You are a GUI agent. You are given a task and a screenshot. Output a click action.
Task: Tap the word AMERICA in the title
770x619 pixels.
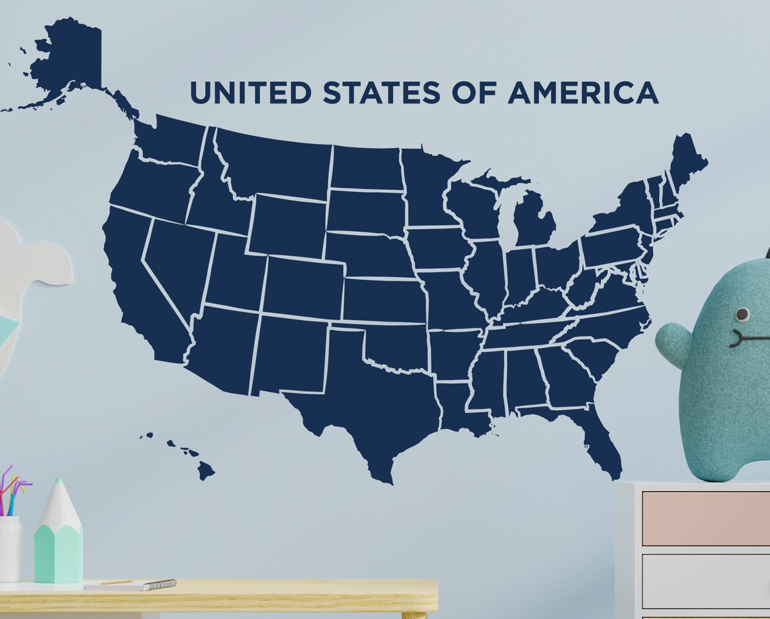(x=583, y=93)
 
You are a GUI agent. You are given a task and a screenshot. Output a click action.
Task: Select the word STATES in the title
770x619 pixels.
(x=381, y=93)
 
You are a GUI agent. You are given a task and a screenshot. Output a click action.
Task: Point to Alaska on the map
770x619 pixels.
(x=68, y=61)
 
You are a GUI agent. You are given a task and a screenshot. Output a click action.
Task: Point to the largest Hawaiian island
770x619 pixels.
(x=205, y=470)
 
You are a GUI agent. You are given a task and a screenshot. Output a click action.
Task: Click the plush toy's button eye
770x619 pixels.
(x=742, y=314)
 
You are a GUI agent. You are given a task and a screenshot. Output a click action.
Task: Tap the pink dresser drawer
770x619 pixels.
(x=705, y=518)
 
